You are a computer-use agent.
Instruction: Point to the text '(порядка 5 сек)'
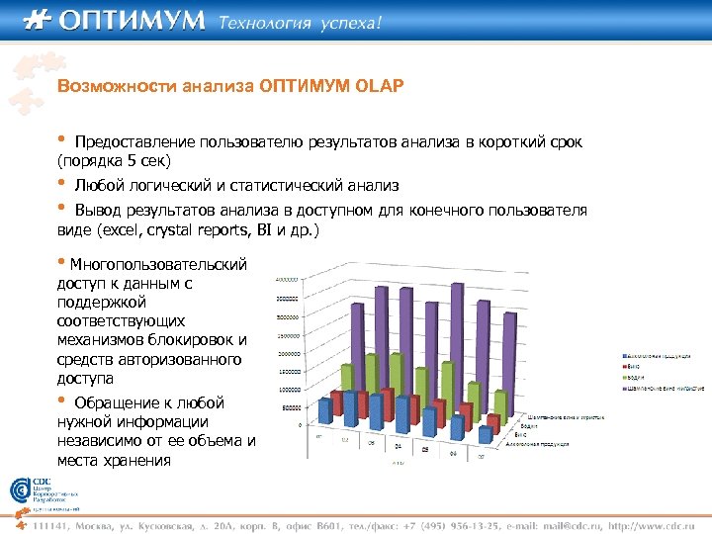click(x=114, y=160)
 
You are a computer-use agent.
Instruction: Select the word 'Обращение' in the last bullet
click(x=117, y=403)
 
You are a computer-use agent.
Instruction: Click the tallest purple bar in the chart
click(x=456, y=336)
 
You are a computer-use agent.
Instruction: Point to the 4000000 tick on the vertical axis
click(x=287, y=278)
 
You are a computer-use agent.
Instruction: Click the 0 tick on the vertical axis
click(x=300, y=425)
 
